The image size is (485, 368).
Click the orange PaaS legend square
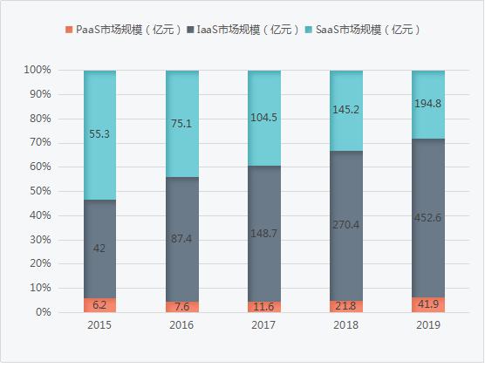[x=69, y=30]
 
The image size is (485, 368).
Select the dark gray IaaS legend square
[x=190, y=30]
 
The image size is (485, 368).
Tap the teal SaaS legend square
[x=309, y=30]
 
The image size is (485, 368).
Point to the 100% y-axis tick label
[x=38, y=70]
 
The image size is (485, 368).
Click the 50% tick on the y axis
[x=40, y=191]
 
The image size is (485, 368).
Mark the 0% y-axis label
[x=44, y=312]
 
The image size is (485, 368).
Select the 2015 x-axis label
[x=99, y=325]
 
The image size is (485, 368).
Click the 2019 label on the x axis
[x=428, y=325]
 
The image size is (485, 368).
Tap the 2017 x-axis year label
[x=263, y=325]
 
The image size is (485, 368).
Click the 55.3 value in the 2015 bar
[x=99, y=134]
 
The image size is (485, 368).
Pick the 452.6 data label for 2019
[x=428, y=218]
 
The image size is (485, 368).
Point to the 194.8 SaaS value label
[x=428, y=104]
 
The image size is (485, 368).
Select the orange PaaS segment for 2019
[x=428, y=305]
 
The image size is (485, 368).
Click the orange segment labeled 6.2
[x=99, y=305]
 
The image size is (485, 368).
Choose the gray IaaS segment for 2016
[x=182, y=239]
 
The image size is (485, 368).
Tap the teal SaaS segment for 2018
[x=346, y=111]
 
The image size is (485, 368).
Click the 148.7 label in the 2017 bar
[x=263, y=234]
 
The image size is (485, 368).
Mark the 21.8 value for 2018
[x=346, y=306]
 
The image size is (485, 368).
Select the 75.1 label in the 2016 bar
[x=181, y=124]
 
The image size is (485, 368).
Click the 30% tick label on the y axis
[x=40, y=240]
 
